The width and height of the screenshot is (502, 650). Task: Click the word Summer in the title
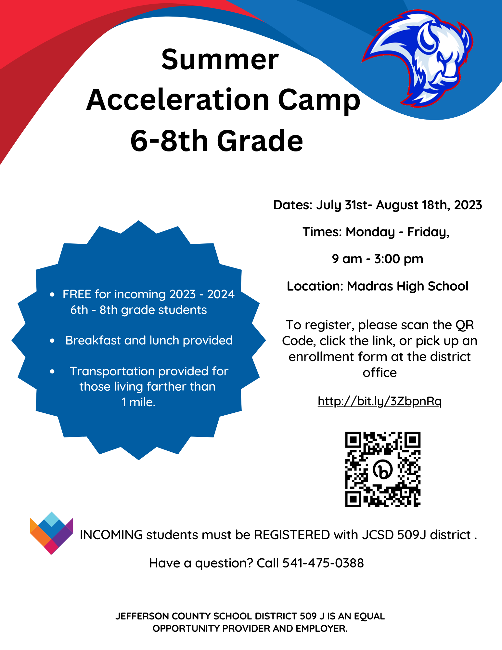[x=220, y=59]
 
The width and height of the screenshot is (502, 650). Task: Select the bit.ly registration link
[x=380, y=401]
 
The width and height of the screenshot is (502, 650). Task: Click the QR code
[x=383, y=469]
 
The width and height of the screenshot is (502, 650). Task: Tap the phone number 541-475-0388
[x=323, y=563]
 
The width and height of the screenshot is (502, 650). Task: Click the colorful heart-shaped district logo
[x=51, y=533]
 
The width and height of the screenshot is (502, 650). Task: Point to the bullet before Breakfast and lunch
[x=52, y=341]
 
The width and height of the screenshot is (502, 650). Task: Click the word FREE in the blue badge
[x=77, y=294]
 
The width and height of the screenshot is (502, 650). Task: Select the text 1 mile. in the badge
[x=138, y=402]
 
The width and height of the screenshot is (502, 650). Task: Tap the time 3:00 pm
[x=399, y=259]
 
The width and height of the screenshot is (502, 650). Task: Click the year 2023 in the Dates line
[x=468, y=205]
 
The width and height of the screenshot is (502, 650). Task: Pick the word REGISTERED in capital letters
[x=292, y=535]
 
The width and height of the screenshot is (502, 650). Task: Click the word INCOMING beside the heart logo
[x=111, y=535]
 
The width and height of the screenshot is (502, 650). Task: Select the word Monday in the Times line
[x=370, y=232]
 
